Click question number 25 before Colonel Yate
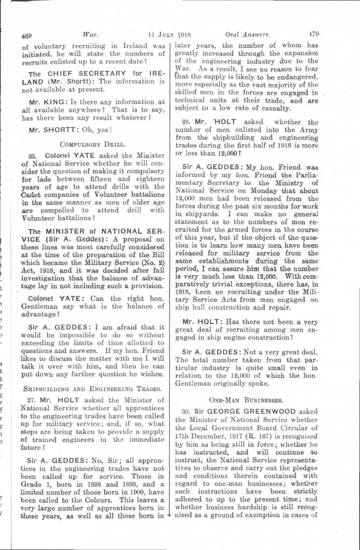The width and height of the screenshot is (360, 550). pyautogui.click(x=32, y=156)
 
